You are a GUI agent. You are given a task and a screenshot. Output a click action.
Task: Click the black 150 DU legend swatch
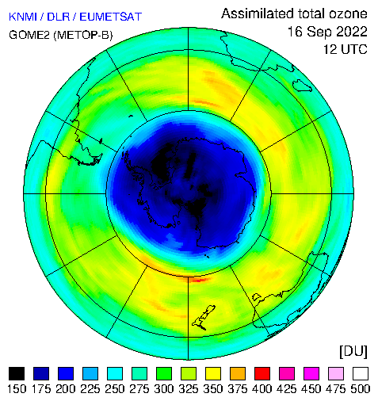pos(17,373)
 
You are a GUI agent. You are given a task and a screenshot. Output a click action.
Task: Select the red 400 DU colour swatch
pos(262,373)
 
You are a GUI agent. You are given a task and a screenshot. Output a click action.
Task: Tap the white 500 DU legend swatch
pos(361,373)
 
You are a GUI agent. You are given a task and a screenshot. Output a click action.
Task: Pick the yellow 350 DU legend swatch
pos(213,373)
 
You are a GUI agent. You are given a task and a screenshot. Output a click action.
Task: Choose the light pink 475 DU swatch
pos(336,373)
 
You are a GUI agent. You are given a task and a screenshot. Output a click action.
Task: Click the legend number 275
pos(139,389)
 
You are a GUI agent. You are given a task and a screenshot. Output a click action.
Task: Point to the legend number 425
pos(287,389)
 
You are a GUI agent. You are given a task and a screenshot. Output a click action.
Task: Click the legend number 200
pos(66,389)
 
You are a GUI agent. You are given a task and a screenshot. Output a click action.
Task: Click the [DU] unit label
pos(353,351)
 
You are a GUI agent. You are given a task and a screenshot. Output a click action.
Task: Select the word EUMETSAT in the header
pos(111,17)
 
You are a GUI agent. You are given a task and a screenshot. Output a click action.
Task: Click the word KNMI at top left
pos(23,17)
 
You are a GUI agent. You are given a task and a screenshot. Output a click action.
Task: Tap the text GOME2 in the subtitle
pos(29,35)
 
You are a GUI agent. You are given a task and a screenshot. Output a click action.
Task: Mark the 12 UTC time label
pos(346,49)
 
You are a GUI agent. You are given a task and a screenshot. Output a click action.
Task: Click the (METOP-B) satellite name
pos(83,35)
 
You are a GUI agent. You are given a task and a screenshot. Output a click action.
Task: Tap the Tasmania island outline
pos(257,297)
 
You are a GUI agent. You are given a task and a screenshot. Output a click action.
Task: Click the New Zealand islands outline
pos(204,318)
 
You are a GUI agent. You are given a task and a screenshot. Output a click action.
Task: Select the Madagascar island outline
pos(302,86)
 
